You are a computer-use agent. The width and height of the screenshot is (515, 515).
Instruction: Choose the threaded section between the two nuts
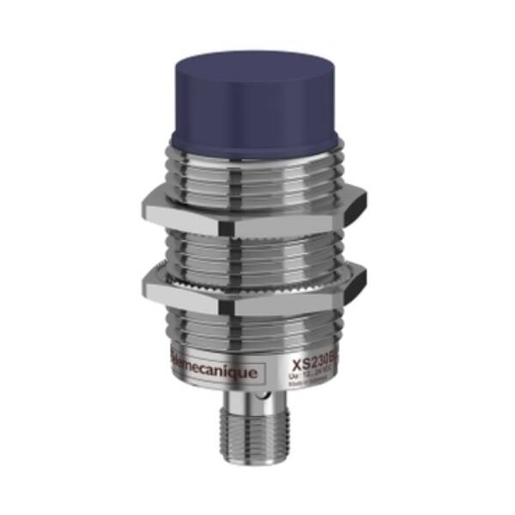256,249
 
